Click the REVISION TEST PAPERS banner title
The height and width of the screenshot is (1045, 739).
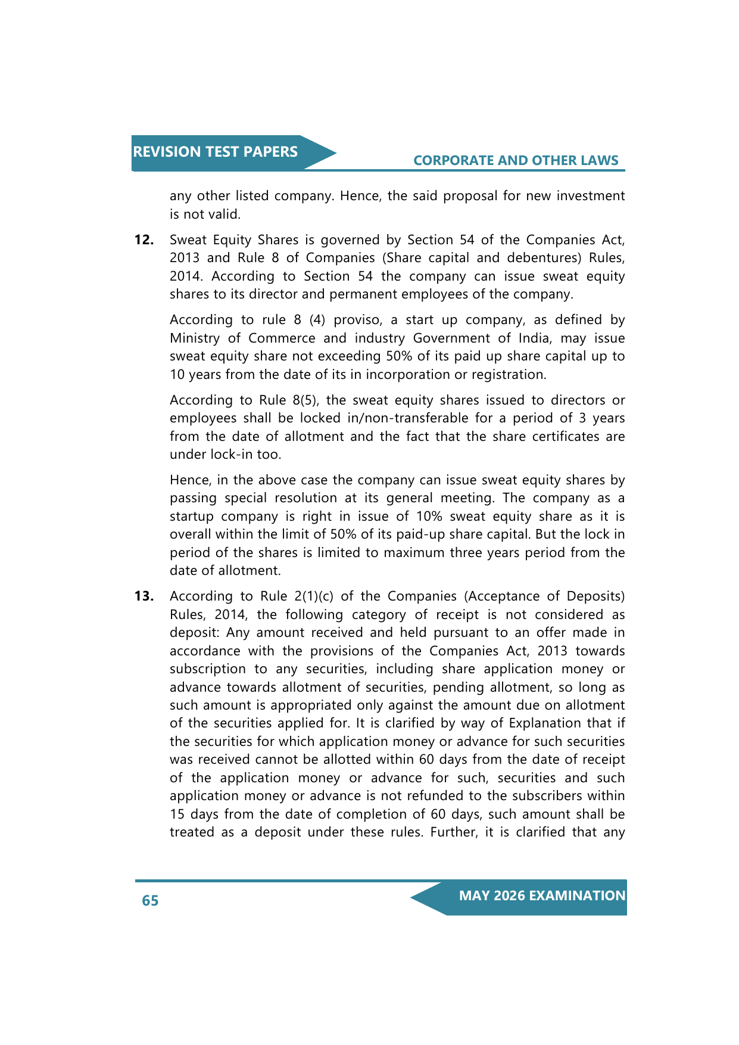(x=215, y=152)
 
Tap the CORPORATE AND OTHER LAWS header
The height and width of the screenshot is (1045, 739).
(x=516, y=160)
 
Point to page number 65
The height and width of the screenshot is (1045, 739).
(x=150, y=900)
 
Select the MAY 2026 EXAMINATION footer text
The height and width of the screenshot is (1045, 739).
(x=542, y=896)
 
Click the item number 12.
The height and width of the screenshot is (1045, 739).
(x=144, y=240)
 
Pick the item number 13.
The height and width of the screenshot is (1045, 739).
(x=144, y=596)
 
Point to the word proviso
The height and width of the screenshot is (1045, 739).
(x=357, y=320)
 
